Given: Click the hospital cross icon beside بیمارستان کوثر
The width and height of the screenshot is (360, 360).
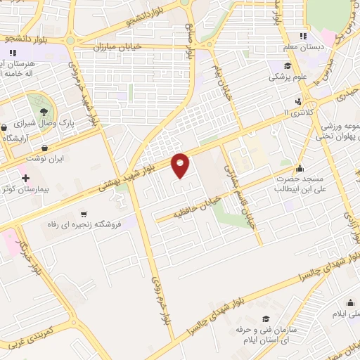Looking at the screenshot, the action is click(x=26, y=179).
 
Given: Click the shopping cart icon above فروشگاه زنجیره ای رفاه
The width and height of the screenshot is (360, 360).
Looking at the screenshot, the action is click(x=84, y=214).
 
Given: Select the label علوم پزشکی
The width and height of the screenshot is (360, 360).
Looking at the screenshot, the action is click(x=286, y=77).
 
